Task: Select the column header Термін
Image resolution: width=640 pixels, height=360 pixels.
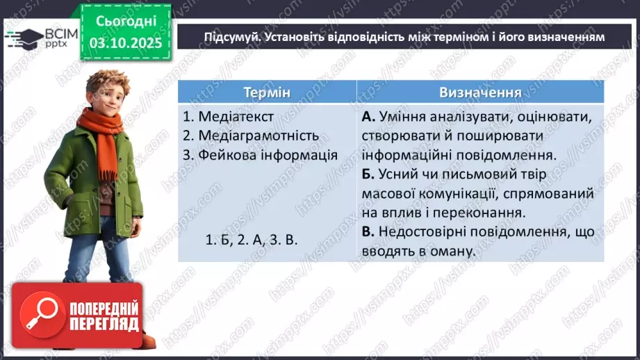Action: click(x=267, y=92)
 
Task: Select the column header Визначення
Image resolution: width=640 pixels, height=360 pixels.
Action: click(x=480, y=92)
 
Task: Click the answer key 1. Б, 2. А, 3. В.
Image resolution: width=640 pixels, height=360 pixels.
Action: click(x=252, y=240)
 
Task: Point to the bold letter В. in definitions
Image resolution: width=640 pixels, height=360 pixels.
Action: click(x=368, y=232)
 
